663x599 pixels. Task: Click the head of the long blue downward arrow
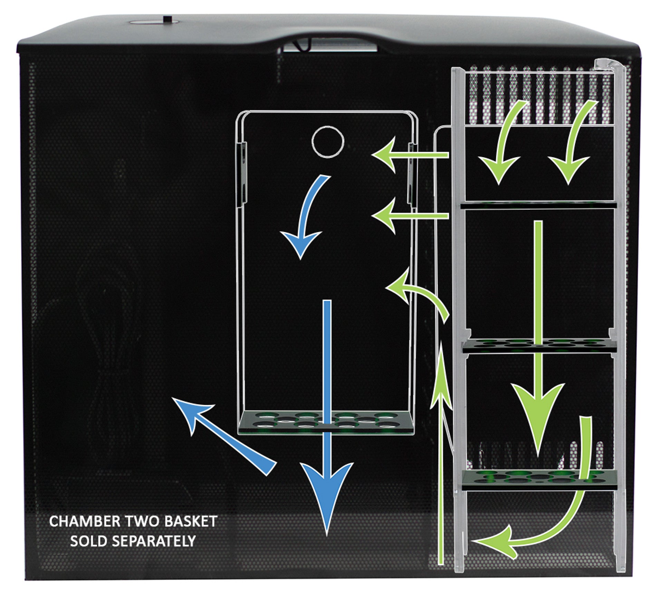click(x=327, y=497)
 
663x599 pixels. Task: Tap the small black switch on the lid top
click(x=168, y=19)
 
